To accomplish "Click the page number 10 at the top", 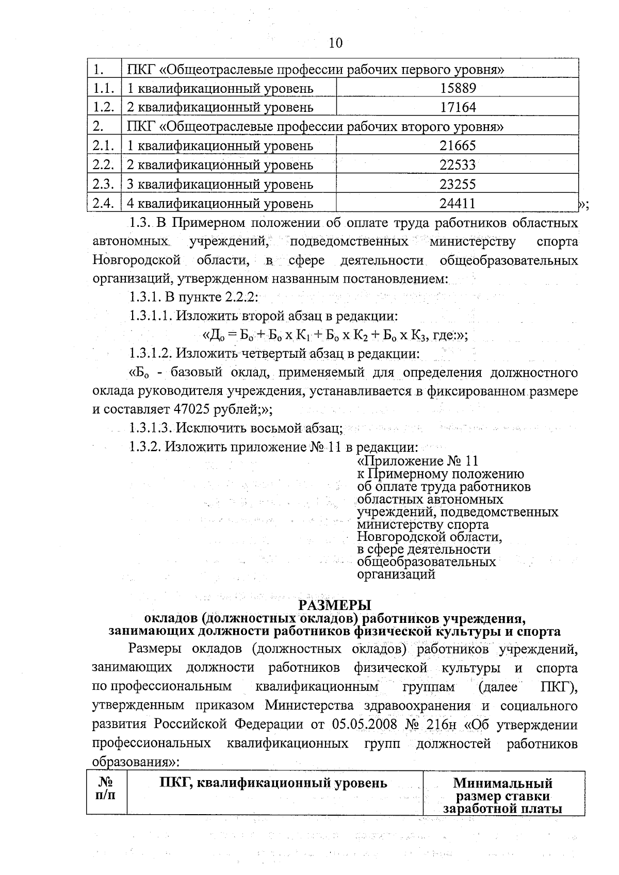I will point(335,43).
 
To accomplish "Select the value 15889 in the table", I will point(458,88).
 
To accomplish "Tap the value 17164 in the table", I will point(458,107).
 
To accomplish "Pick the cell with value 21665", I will point(458,146).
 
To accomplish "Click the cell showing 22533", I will point(458,165).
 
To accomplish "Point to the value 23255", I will point(458,184).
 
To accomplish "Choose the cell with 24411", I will point(458,204).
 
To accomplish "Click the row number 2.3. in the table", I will point(103,184).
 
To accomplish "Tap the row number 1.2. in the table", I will point(103,107).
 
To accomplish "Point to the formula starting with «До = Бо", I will point(335,335).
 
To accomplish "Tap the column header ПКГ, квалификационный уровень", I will point(273,784).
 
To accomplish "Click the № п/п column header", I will point(106,789).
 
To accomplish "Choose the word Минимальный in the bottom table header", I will point(502,784).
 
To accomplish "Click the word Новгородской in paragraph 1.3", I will point(136,261).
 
